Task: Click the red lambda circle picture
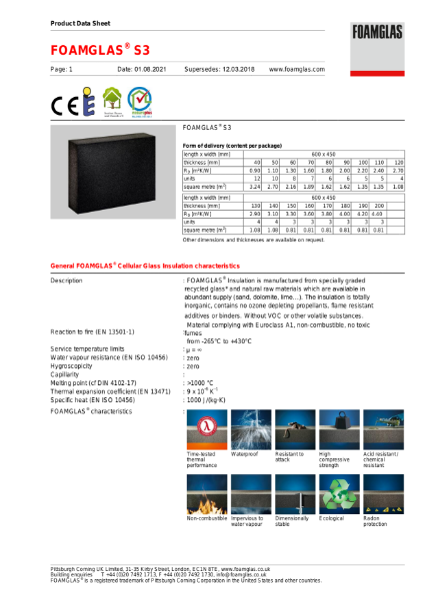205,428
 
